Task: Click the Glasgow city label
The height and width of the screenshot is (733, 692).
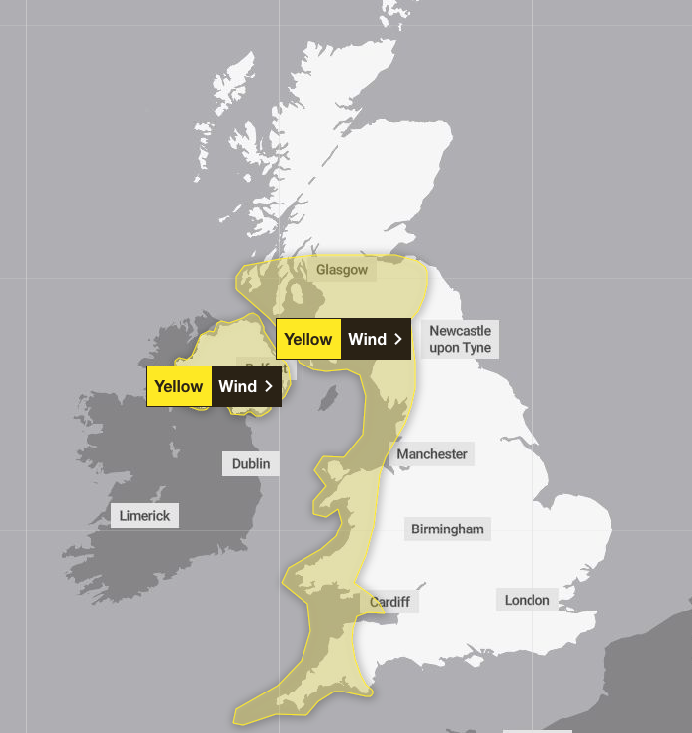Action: tap(342, 270)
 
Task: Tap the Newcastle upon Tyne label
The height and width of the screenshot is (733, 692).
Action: tap(460, 339)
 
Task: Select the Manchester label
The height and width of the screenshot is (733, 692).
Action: tap(432, 454)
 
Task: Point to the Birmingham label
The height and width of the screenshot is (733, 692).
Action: tap(448, 529)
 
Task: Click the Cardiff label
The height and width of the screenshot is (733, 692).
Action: tap(389, 602)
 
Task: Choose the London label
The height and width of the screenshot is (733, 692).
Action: tap(527, 600)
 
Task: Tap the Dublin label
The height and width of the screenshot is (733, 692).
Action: tap(250, 463)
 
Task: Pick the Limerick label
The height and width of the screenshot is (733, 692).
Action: tap(144, 515)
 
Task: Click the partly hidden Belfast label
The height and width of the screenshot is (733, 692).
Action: tap(255, 366)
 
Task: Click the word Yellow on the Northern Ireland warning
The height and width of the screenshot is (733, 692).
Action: tap(179, 386)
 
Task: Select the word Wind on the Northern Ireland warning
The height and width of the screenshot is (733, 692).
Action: tap(237, 386)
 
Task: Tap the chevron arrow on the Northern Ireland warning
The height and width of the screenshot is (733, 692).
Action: tap(268, 386)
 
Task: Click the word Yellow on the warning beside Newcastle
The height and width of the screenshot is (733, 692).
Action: tap(308, 339)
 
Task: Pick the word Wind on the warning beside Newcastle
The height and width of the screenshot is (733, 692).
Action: tap(367, 339)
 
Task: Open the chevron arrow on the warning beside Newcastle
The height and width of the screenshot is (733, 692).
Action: tap(397, 339)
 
